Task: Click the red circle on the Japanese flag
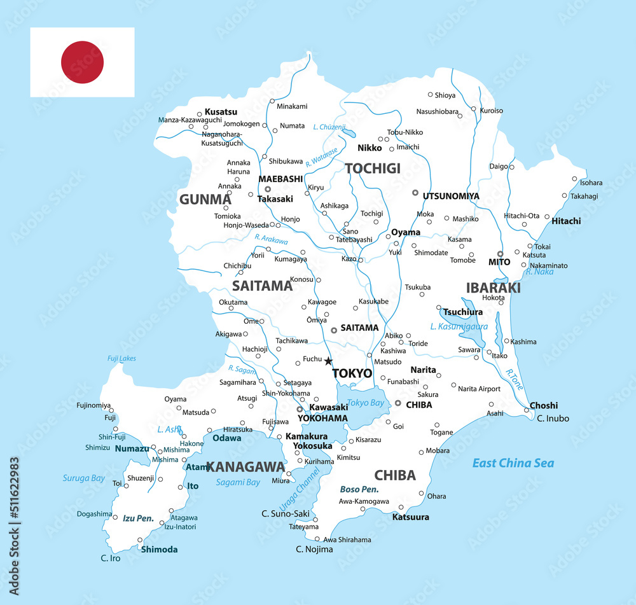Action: (x=82, y=62)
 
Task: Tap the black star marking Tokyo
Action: (x=328, y=361)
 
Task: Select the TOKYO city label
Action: (x=352, y=373)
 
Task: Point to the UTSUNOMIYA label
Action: (x=451, y=196)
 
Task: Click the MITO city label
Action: (x=499, y=261)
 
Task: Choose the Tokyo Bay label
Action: (x=366, y=403)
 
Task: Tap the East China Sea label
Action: (x=513, y=463)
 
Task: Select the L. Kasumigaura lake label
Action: (x=459, y=326)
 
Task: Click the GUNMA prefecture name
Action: (x=205, y=200)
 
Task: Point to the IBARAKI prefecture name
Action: (x=493, y=288)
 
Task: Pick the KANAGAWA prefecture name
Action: (x=245, y=467)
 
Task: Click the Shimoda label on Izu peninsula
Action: (x=159, y=549)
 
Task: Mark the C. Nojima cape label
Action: (x=314, y=549)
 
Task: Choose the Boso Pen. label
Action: (x=359, y=489)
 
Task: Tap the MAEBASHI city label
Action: (x=280, y=179)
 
